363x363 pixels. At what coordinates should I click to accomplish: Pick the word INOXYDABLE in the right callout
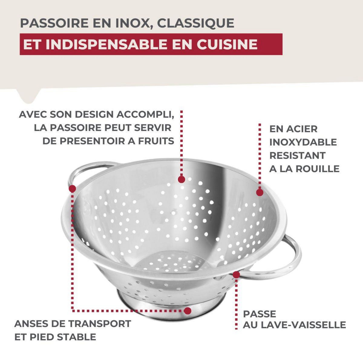303,142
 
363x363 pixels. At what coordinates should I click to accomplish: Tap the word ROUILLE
317,169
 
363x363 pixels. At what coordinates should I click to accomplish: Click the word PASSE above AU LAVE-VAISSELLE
260,314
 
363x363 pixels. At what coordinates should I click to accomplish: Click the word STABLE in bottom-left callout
77,337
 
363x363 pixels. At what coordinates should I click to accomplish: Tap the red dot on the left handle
72,189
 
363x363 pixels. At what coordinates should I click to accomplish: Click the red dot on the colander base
188,311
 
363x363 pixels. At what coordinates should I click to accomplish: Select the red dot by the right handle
236,275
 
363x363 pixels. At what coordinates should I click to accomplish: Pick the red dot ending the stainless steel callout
260,192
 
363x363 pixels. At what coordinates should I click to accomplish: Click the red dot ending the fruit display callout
181,179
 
